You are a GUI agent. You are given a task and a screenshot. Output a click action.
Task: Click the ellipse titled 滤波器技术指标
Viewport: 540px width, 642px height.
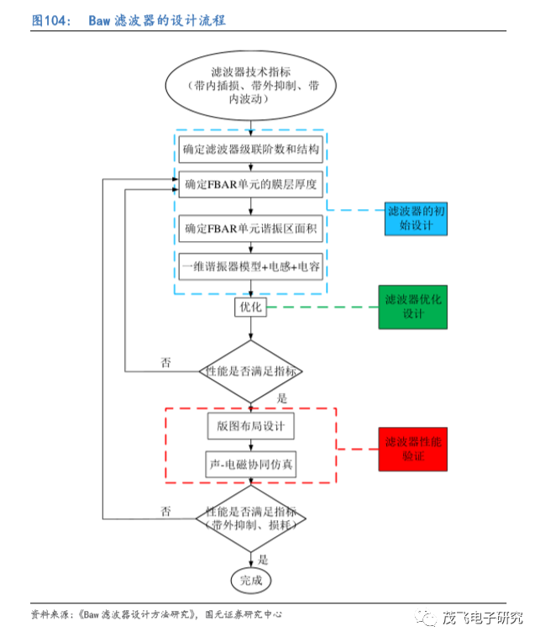251,86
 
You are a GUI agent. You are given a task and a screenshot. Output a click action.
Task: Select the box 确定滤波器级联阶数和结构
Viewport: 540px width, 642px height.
251,150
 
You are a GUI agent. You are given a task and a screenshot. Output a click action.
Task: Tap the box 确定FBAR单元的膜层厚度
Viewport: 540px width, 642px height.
251,184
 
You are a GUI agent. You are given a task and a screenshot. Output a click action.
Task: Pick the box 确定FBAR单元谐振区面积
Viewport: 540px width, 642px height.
251,229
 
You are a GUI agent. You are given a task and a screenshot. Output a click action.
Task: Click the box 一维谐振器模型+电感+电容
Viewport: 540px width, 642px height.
251,266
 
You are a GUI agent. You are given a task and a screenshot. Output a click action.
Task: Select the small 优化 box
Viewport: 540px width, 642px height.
251,307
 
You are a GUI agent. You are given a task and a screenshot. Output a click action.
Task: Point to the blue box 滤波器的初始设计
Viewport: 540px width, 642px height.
416,218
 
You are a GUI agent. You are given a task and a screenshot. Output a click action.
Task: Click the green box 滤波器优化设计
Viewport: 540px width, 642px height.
413,307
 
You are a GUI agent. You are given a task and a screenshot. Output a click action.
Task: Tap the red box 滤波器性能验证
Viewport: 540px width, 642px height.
413,450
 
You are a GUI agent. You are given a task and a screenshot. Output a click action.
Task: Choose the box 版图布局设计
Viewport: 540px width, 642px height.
251,426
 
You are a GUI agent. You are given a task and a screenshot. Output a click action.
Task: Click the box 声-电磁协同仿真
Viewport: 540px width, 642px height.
251,465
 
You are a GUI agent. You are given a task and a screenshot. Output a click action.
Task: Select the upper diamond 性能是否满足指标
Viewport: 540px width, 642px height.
251,371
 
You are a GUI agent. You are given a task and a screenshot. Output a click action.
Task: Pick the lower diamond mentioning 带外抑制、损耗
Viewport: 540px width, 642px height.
251,518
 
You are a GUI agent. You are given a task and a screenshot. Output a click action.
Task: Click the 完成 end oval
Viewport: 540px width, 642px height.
251,580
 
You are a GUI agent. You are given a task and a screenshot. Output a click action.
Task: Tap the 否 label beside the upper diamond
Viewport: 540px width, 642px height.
165,362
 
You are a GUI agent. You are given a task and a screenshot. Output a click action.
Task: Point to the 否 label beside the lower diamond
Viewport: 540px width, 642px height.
165,511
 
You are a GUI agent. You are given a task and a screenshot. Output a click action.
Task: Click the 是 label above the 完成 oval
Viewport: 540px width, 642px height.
263,560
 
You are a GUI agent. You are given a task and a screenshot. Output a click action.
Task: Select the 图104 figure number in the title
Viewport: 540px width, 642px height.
50,20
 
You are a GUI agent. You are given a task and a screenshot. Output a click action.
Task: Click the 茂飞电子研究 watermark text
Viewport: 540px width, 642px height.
482,618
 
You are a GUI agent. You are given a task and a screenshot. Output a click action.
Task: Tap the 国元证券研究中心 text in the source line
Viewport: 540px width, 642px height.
244,614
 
